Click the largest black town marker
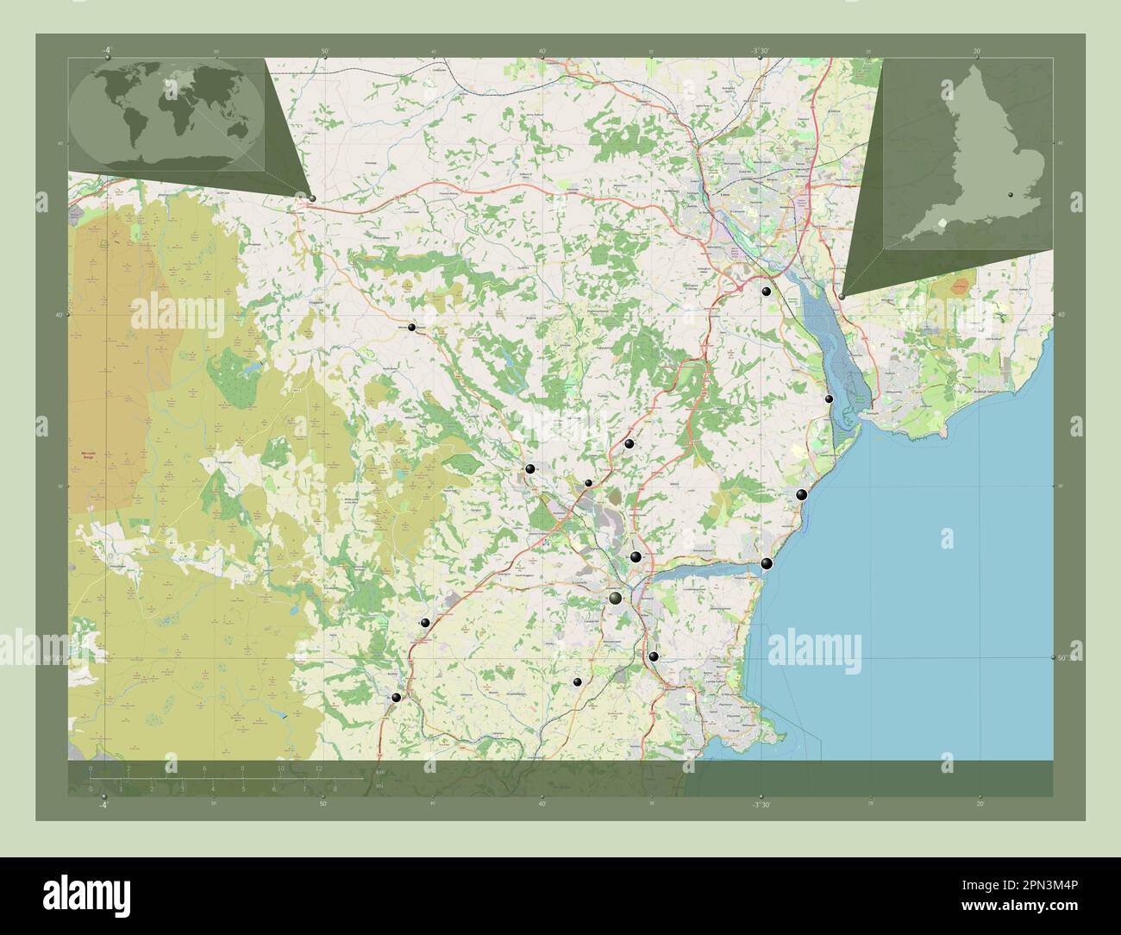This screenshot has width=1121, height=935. (616, 599)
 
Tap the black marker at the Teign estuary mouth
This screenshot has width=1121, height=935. (767, 564)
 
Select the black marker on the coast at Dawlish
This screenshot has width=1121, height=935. (802, 494)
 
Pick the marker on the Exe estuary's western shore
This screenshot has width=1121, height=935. (829, 398)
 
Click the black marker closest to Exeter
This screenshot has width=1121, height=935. (766, 292)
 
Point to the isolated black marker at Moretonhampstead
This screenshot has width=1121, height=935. (412, 327)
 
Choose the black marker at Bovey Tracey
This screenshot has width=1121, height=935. (529, 469)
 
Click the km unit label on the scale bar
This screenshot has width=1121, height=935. (379, 771)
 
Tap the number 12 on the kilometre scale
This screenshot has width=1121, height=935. (319, 769)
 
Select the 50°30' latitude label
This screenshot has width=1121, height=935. (1068, 658)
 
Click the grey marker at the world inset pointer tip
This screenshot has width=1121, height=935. (311, 198)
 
